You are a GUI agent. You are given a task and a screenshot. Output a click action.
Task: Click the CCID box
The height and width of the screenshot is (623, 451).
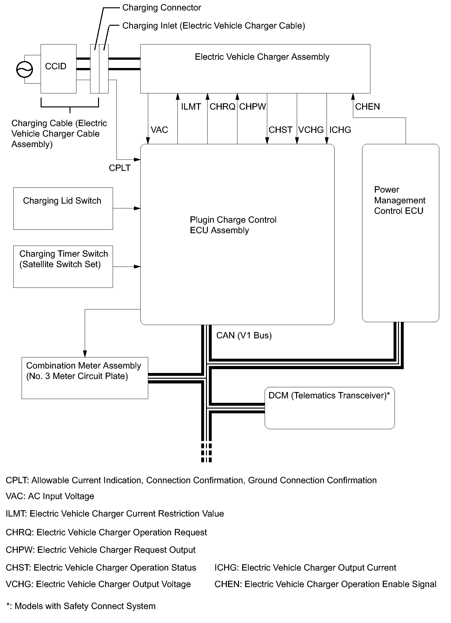[x=58, y=68]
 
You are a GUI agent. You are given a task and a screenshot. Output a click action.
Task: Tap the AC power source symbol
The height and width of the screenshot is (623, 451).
[x=24, y=69]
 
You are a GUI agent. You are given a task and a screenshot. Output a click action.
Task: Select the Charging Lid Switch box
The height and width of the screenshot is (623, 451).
[x=63, y=208]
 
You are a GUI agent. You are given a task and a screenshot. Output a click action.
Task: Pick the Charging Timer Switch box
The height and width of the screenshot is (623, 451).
[x=63, y=266]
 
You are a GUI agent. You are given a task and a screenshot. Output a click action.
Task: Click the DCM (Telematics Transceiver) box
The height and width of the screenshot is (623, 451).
[x=329, y=408]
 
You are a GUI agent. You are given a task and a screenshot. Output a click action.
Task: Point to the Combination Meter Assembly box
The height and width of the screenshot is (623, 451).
[x=84, y=377]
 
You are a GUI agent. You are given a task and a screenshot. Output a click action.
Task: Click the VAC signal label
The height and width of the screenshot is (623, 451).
[x=159, y=130]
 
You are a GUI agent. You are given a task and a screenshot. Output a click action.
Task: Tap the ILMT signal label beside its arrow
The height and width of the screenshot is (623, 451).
[x=191, y=107]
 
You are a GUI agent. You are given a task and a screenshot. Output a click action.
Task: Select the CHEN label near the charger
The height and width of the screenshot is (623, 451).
[x=367, y=107]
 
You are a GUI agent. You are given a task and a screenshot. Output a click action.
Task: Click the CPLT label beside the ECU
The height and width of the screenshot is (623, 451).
[x=120, y=168]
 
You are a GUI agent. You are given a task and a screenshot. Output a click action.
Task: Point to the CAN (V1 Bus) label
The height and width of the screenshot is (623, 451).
[x=244, y=335]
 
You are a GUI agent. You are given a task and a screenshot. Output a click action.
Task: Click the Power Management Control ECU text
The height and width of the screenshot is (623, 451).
[x=399, y=200]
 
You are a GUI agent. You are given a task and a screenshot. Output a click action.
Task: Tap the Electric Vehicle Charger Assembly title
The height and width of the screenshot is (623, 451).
[x=262, y=57]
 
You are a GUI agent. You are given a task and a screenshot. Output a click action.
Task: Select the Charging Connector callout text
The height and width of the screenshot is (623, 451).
[x=162, y=8]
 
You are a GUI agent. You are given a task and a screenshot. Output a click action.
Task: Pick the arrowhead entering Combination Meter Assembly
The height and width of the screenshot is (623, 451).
[x=85, y=354]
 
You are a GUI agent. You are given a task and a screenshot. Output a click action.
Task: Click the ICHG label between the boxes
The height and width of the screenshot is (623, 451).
[x=340, y=130]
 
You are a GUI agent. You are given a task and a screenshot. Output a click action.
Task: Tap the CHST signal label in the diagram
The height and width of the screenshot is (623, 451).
[x=280, y=130]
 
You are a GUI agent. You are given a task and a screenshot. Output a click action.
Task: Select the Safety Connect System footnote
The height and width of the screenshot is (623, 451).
[x=81, y=606]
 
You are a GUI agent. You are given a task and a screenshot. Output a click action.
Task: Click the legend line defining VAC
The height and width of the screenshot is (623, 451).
[x=50, y=496]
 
